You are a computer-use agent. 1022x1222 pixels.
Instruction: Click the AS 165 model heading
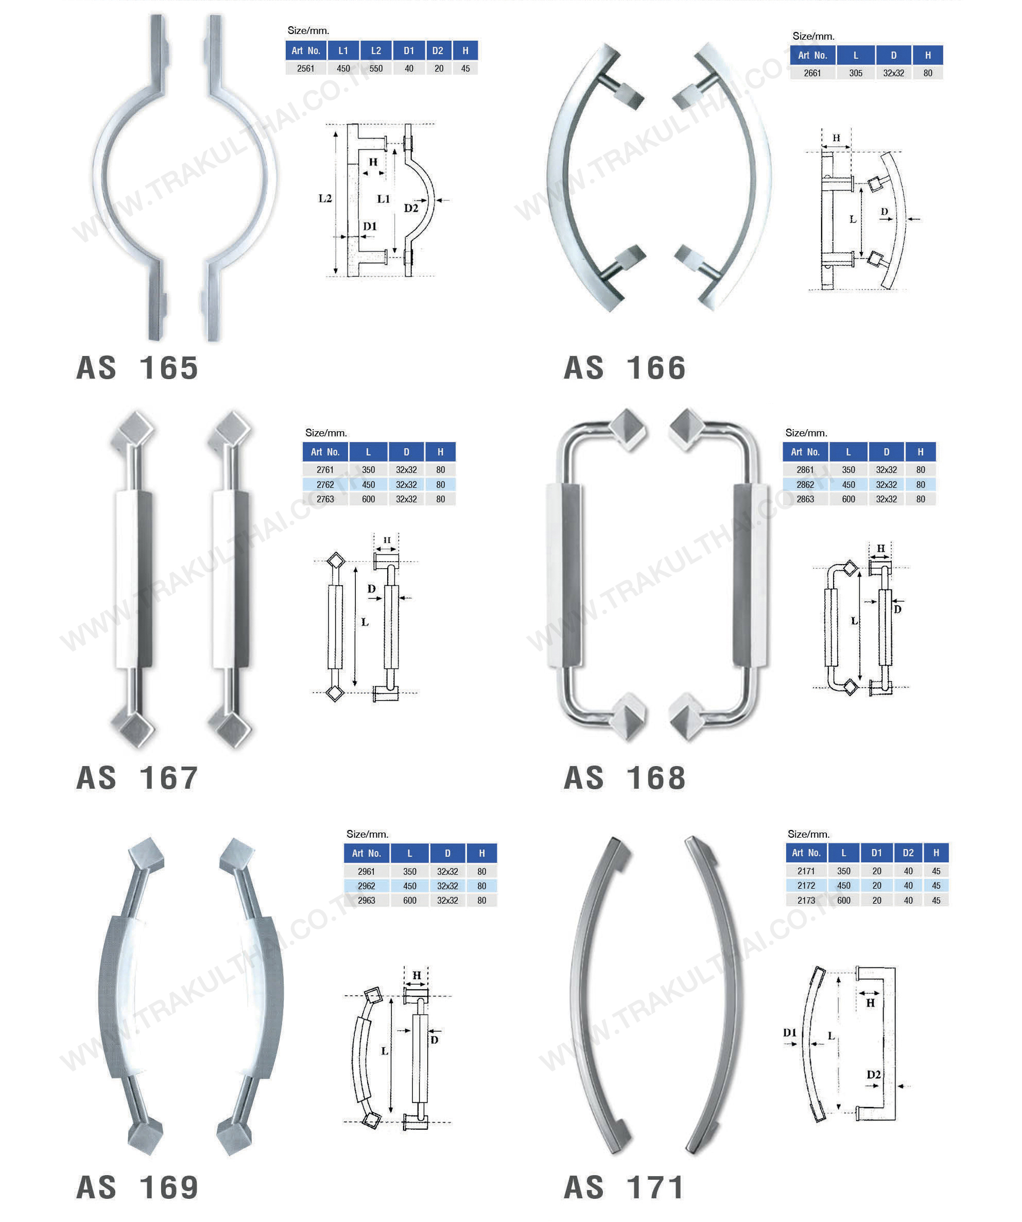(137, 368)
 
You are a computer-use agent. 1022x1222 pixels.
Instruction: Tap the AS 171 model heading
(624, 1187)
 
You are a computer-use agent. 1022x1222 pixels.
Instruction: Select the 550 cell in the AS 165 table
(376, 69)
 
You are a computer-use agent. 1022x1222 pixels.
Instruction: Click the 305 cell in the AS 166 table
(855, 73)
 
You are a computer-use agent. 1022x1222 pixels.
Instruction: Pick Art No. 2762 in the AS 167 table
(325, 485)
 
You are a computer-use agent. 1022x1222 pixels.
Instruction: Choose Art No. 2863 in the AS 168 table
(805, 499)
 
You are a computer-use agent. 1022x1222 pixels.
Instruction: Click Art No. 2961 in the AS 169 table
(367, 872)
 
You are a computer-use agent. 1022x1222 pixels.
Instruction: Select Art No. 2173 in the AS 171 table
(806, 900)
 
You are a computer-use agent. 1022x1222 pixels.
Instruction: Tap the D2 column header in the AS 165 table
(438, 50)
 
